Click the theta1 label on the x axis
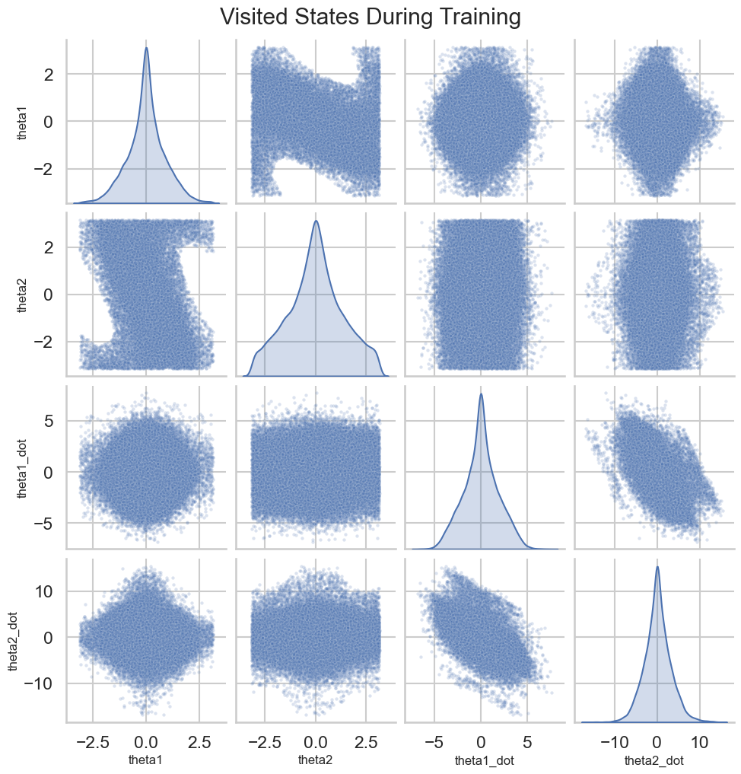click(x=146, y=760)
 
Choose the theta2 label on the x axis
click(x=316, y=760)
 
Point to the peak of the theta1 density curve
click(x=146, y=48)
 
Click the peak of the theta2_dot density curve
click(x=657, y=566)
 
